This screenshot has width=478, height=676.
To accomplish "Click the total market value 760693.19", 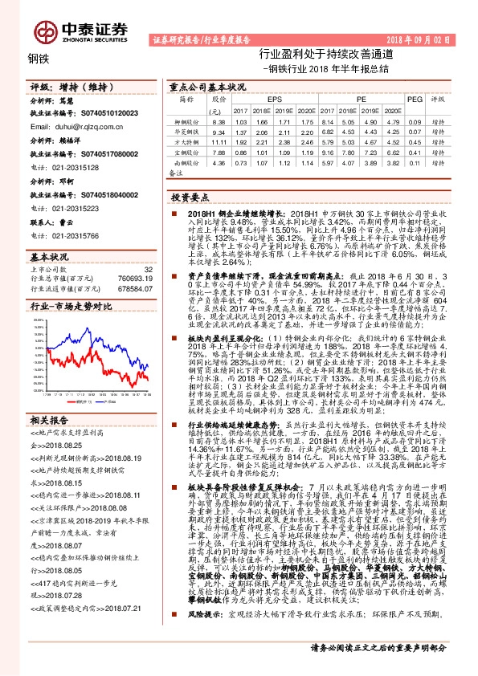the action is point(136,278).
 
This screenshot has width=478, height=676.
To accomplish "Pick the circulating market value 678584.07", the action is point(136,287).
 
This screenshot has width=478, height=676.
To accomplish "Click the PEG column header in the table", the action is point(415,99).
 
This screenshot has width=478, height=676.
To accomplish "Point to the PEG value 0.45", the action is point(415,140).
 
